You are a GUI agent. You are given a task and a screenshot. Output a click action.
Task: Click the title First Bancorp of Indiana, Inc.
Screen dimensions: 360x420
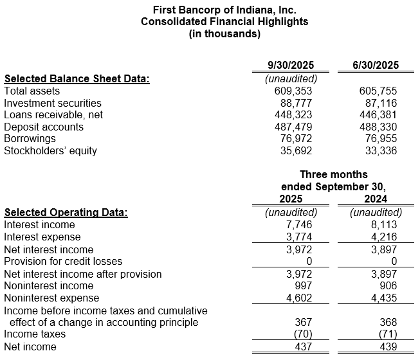pyautogui.click(x=224, y=10)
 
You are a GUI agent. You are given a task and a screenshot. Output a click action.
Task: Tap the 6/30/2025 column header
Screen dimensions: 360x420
pyautogui.click(x=376, y=65)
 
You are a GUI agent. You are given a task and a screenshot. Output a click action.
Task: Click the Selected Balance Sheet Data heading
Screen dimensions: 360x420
pyautogui.click(x=77, y=79)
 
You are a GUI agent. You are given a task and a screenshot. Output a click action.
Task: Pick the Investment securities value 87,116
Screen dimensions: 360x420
pyautogui.click(x=380, y=103)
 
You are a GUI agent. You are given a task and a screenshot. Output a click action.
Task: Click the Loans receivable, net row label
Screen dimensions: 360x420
pyautogui.click(x=53, y=115)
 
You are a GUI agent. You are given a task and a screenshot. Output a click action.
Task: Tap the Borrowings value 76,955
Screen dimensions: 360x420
pyautogui.click(x=380, y=139)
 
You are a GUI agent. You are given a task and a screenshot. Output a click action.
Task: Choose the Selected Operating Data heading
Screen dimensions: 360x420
pyautogui.click(x=66, y=213)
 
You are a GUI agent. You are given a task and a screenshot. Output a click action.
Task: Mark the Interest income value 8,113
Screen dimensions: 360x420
pyautogui.click(x=383, y=225)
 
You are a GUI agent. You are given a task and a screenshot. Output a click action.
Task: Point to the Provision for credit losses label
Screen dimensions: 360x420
pyautogui.click(x=63, y=262)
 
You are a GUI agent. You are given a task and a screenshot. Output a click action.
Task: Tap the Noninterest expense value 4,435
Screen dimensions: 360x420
pyautogui.click(x=383, y=298)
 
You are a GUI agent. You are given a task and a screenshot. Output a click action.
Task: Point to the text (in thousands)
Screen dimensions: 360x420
pyautogui.click(x=224, y=33)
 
